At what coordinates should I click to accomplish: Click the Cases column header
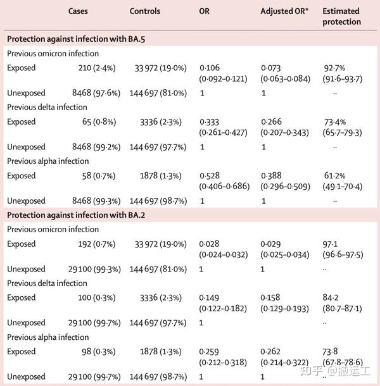(x=78, y=11)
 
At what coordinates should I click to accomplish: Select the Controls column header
(x=145, y=11)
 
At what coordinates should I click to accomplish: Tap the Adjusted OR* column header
(x=284, y=11)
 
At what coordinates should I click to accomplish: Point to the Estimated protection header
(x=341, y=16)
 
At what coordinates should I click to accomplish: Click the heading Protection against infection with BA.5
(x=76, y=39)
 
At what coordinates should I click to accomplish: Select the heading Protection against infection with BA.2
(x=76, y=215)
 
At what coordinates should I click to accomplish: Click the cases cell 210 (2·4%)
(x=97, y=68)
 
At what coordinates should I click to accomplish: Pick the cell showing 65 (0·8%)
(x=99, y=122)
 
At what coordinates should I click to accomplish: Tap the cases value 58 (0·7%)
(x=99, y=176)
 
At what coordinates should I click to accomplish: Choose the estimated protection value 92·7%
(x=334, y=68)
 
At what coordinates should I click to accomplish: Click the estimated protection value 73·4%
(x=335, y=122)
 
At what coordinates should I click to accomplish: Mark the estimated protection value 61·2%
(x=334, y=176)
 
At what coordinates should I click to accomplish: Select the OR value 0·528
(x=210, y=176)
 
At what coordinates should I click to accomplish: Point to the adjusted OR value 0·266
(x=271, y=122)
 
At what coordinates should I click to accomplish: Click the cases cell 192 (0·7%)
(x=97, y=244)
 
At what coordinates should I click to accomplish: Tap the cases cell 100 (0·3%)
(x=97, y=297)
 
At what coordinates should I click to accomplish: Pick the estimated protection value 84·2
(x=331, y=297)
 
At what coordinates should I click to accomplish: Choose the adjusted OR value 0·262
(x=270, y=352)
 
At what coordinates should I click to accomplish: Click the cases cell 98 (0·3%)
(x=99, y=352)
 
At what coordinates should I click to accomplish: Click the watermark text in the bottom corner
(x=335, y=371)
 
